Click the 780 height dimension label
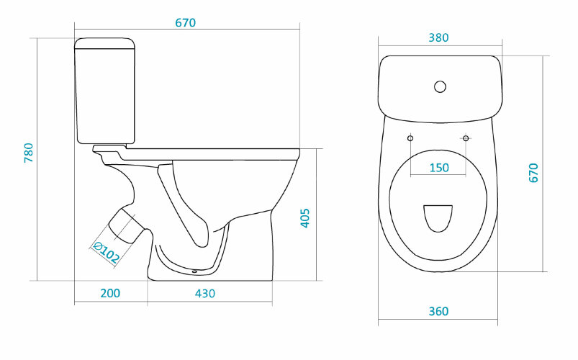coord(28,153)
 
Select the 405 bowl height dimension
coord(305,218)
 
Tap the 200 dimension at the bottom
coord(110,293)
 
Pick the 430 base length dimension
coord(205,293)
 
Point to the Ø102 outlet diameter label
coord(106,252)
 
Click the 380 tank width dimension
coord(438,37)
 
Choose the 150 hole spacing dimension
coord(439,168)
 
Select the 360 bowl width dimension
coord(438,311)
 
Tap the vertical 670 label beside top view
coord(533,173)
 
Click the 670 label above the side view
coord(186,23)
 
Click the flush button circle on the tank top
coord(440,86)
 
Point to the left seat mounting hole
coord(410,138)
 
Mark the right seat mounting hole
coord(466,138)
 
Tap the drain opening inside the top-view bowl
coord(438,218)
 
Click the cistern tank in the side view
coord(105,91)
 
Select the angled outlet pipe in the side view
coord(127,225)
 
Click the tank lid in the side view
coord(105,43)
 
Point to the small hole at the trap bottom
coord(194,273)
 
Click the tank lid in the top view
coord(440,89)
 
